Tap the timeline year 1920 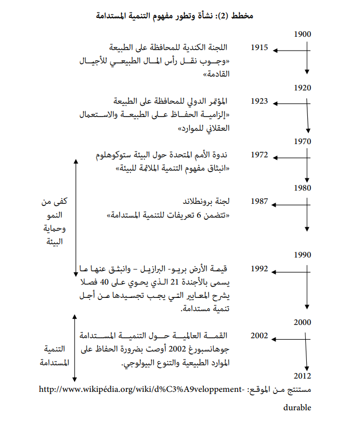coord(303,87)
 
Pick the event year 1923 coord(260,101)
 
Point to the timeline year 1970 coord(303,141)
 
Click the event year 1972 coord(260,154)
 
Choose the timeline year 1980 coord(303,188)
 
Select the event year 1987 coord(260,201)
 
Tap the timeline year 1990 coord(303,254)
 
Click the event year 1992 coord(260,268)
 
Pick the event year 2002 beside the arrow coord(260,336)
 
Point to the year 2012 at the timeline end coord(303,377)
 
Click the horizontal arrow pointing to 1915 coord(290,50)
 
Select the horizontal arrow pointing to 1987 coord(290,204)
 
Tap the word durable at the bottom coord(297,408)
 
